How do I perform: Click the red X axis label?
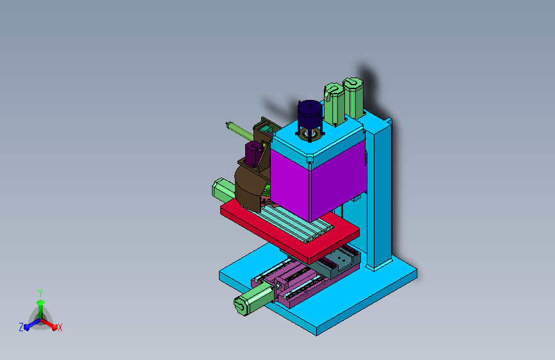click(60, 327)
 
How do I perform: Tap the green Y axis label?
click(40, 293)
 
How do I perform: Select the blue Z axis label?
click(21, 327)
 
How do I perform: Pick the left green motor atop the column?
click(334, 104)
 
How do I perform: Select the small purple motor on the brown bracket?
click(253, 154)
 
